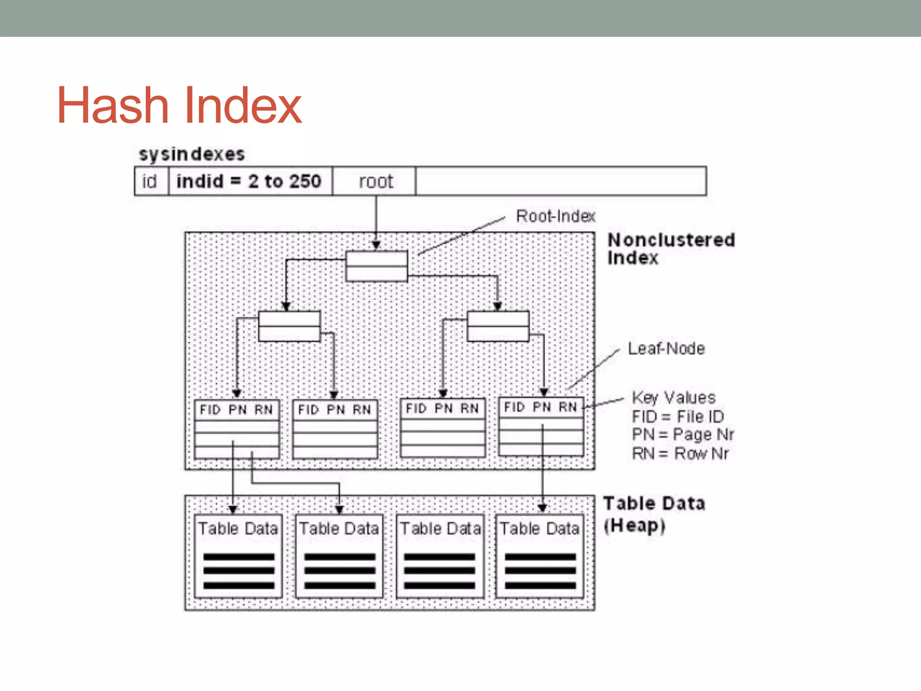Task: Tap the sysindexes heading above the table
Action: coord(192,154)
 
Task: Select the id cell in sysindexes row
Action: coord(150,181)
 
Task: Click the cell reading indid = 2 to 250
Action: coord(249,181)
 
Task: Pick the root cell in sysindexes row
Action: coord(376,181)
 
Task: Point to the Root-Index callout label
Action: coord(555,216)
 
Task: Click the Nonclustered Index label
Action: coord(671,249)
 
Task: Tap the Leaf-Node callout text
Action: coord(666,349)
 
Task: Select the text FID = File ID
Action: coord(678,417)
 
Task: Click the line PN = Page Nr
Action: coord(682,435)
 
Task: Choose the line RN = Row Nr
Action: coord(680,453)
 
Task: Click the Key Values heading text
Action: coord(673,398)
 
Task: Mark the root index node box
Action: coord(376,266)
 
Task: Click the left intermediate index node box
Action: coord(289,326)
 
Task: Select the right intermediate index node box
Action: coord(498,326)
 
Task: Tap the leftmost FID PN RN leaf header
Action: coord(237,410)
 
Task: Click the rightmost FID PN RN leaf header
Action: coord(541,408)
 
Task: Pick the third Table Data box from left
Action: coord(440,556)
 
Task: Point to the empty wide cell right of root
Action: coord(560,181)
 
